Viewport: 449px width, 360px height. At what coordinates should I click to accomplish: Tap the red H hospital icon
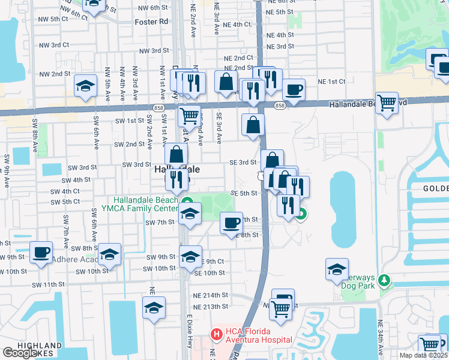point(215,332)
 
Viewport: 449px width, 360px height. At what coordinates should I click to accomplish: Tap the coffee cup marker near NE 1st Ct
point(294,90)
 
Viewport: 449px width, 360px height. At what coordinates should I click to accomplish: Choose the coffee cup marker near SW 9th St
point(41,253)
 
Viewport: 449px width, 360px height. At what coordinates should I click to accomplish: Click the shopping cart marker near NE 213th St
point(280,309)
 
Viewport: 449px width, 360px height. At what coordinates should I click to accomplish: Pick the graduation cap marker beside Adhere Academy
point(109,255)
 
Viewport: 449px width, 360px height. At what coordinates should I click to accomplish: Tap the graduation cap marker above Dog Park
point(337,269)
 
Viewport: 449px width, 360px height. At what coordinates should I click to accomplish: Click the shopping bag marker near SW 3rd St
point(176,155)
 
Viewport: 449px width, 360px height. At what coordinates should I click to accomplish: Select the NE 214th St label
point(211,295)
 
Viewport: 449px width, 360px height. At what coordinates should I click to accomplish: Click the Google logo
point(20,353)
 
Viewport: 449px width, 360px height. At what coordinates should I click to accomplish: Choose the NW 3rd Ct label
point(55,45)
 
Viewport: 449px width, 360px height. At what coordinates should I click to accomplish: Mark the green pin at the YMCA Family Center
point(187,202)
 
